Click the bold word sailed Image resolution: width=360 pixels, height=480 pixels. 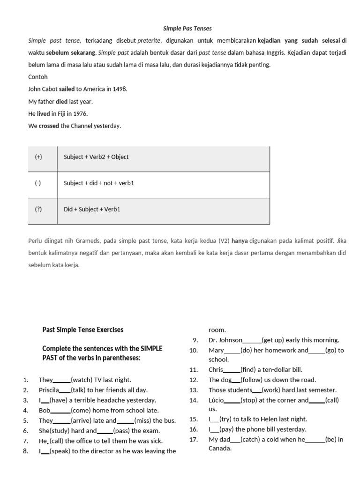coord(67,89)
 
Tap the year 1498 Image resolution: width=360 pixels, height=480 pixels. coord(119,89)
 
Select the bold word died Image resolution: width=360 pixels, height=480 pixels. coord(61,101)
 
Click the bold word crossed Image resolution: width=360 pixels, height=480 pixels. coord(49,126)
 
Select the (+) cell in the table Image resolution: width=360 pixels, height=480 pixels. coord(38,157)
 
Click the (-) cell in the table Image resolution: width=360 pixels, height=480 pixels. coord(38,183)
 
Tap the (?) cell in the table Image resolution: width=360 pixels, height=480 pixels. coord(38,210)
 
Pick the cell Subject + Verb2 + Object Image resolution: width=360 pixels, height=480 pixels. coord(96,157)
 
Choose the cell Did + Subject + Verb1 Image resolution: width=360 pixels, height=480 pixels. coord(92,210)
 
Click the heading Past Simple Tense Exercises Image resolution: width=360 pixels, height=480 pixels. coord(83,330)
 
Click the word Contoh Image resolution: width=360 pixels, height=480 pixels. coord(38,77)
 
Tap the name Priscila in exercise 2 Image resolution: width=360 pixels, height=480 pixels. coord(49,390)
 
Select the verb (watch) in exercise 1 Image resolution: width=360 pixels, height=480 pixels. coord(82,380)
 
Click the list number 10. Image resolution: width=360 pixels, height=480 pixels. coord(194,350)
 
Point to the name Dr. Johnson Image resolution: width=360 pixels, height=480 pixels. coord(225,340)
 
